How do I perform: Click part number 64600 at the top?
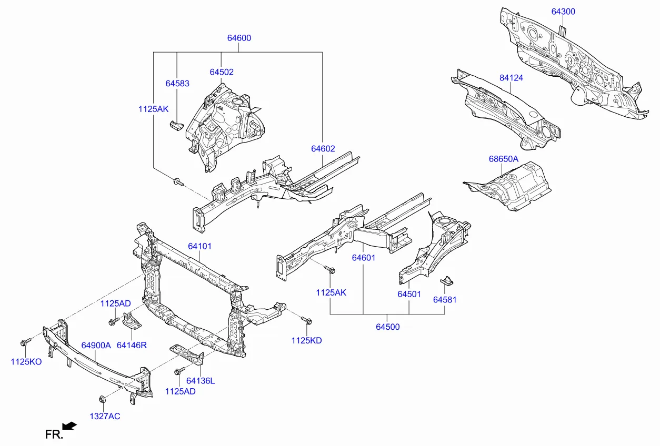click(239, 38)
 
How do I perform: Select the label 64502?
click(221, 72)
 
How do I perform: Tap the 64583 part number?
click(177, 84)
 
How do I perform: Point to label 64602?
click(323, 149)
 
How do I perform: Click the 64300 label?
click(563, 12)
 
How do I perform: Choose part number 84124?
click(511, 78)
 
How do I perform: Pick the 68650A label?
click(503, 159)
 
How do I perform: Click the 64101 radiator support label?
click(200, 246)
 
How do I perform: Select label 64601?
click(364, 258)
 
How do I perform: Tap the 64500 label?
click(387, 327)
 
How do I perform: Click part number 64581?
click(445, 300)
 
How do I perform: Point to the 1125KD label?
click(306, 340)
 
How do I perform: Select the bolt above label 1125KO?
click(24, 343)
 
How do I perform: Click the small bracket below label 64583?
click(175, 125)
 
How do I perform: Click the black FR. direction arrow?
click(69, 425)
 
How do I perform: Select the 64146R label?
click(132, 346)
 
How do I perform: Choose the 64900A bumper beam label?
click(96, 346)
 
